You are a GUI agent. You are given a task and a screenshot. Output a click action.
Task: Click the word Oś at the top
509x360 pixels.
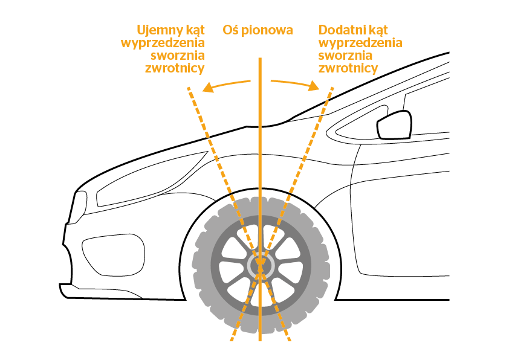(230, 30)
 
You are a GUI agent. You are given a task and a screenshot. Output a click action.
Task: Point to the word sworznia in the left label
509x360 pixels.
(178, 56)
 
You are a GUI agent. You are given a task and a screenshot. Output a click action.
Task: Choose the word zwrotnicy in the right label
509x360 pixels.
(348, 68)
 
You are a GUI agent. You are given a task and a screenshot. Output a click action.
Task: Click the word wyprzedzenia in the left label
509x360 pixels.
(163, 43)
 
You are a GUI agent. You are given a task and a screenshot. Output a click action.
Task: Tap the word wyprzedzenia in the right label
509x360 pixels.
(360, 43)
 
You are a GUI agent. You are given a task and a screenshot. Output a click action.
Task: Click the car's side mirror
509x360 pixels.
(394, 125)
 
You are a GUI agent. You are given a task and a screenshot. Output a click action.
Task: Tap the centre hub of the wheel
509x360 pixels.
(261, 266)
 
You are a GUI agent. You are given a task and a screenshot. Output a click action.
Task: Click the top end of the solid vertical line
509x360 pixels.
(260, 59)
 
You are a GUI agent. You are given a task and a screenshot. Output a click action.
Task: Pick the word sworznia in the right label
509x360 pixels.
(345, 56)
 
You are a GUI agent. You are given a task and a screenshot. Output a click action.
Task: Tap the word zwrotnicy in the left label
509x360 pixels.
(175, 68)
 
